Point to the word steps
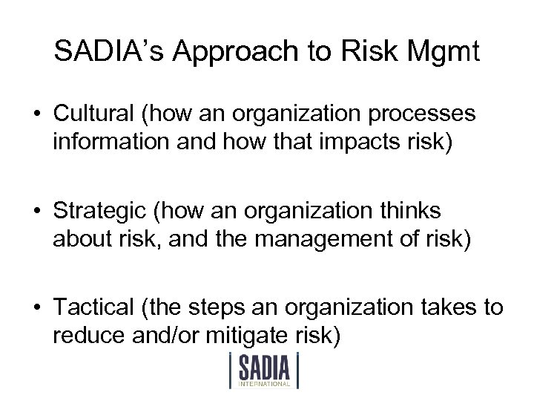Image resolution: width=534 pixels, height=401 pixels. pyautogui.click(x=227, y=306)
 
